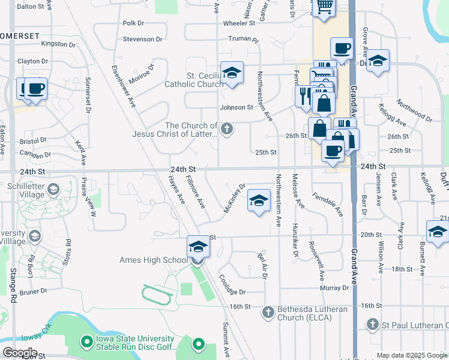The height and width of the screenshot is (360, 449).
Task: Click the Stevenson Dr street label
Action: pyautogui.click(x=143, y=39)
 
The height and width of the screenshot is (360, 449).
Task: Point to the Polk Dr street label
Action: pyautogui.click(x=133, y=23)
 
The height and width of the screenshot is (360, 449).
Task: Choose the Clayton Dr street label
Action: pyautogui.click(x=33, y=61)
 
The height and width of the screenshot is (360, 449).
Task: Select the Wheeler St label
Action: pyautogui.click(x=240, y=23)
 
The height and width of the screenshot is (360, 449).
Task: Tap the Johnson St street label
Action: pyautogui.click(x=237, y=107)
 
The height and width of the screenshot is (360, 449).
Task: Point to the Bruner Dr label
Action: pyautogui.click(x=33, y=292)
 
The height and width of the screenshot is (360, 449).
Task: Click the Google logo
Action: pyautogui.click(x=19, y=352)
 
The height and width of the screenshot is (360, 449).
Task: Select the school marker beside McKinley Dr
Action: pyautogui.click(x=259, y=201)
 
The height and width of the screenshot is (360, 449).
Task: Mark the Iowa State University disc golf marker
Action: pyautogui.click(x=87, y=341)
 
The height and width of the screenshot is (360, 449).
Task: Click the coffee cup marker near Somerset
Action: pyautogui.click(x=36, y=89)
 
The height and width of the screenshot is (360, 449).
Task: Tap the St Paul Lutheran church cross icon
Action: pyautogui.click(x=372, y=325)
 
